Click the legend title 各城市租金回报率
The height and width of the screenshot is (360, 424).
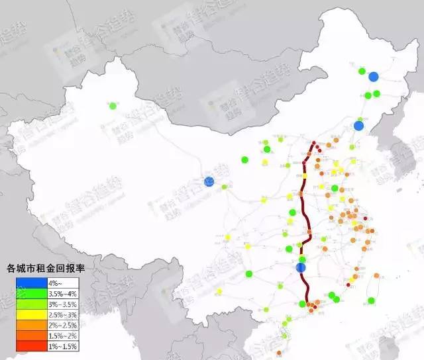(x=50, y=268)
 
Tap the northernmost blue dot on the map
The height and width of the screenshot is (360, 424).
(x=374, y=77)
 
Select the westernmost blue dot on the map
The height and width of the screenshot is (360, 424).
(x=209, y=181)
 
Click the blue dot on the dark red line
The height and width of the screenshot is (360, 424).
(x=300, y=267)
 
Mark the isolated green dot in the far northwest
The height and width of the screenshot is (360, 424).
(x=113, y=105)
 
